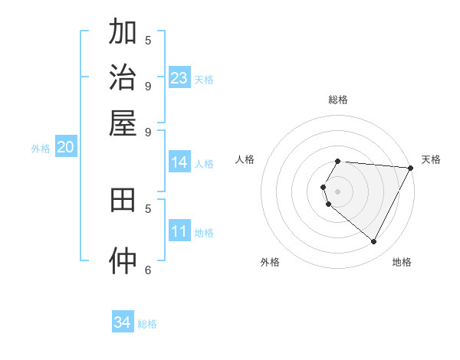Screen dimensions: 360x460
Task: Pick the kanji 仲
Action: coord(123,260)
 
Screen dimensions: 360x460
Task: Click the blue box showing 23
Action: coord(179,78)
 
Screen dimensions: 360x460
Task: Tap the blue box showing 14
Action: coord(179,162)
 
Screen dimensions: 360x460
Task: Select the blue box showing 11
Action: coord(179,231)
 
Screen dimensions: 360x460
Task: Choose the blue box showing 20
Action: coord(65,148)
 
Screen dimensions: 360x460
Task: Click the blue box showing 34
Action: coord(123,322)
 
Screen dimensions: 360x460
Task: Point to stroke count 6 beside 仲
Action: coord(148,269)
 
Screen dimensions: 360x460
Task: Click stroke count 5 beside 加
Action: coord(148,40)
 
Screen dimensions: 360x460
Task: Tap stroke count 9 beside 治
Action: coord(148,85)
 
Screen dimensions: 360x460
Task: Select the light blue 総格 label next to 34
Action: coord(147,324)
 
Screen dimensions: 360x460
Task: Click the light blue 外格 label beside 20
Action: coord(41,149)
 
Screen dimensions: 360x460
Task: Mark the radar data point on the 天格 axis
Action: coord(410,168)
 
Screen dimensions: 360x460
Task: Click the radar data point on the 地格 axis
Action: coord(374,242)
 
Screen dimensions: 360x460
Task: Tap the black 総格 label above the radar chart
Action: coord(338,100)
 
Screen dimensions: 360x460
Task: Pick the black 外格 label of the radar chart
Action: coord(270,262)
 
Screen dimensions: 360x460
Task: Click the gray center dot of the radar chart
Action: coord(338,191)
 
